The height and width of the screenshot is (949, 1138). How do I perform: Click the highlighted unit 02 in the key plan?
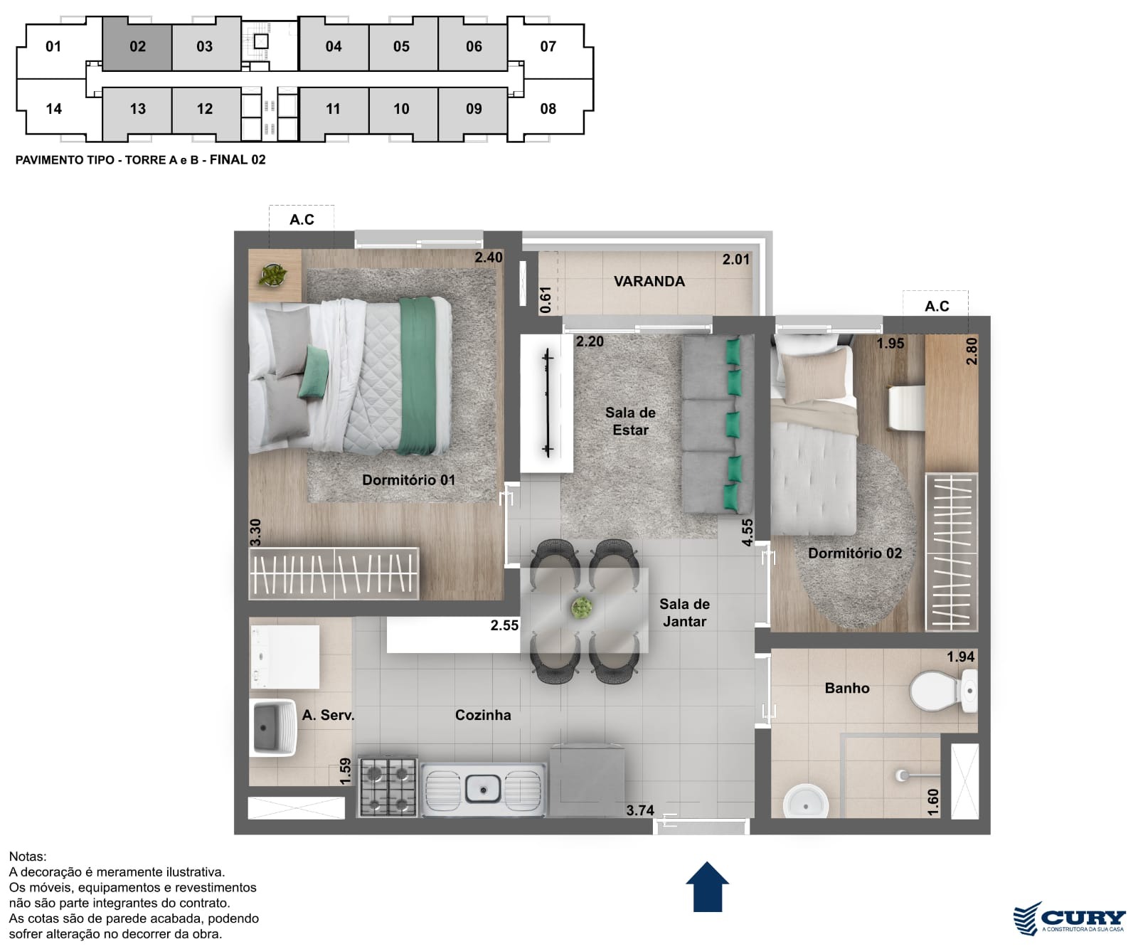click(x=137, y=46)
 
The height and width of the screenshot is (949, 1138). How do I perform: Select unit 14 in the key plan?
click(x=53, y=109)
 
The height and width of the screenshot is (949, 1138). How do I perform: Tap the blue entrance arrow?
click(x=708, y=886)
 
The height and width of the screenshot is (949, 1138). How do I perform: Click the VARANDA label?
click(x=649, y=281)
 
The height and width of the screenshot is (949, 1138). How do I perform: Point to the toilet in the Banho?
click(x=944, y=690)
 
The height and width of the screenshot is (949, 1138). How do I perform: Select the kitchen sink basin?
click(x=484, y=788)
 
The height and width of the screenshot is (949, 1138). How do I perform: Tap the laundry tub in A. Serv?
click(x=274, y=726)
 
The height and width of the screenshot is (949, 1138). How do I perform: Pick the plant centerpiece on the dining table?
click(x=582, y=608)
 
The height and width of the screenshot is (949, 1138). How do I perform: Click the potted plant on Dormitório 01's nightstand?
click(x=273, y=275)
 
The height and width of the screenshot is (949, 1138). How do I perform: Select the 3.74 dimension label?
click(x=640, y=810)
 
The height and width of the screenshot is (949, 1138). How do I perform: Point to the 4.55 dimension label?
click(x=747, y=532)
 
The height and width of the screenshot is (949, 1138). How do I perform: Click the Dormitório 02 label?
click(x=855, y=553)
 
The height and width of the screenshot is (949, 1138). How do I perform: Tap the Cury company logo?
click(x=1069, y=918)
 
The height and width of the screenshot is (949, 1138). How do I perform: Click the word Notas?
click(x=28, y=857)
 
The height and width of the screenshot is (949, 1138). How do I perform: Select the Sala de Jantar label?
click(x=684, y=613)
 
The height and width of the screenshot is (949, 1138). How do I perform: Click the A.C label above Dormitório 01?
click(x=302, y=219)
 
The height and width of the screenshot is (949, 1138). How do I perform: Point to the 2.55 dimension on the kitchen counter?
click(x=504, y=625)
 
